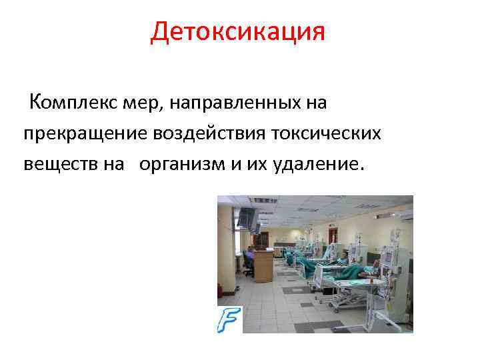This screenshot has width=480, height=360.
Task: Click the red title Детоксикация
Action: coord(238,32)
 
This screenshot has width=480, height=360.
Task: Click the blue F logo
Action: coord(229,319)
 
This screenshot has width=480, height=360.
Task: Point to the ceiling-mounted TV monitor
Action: coord(248,216)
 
